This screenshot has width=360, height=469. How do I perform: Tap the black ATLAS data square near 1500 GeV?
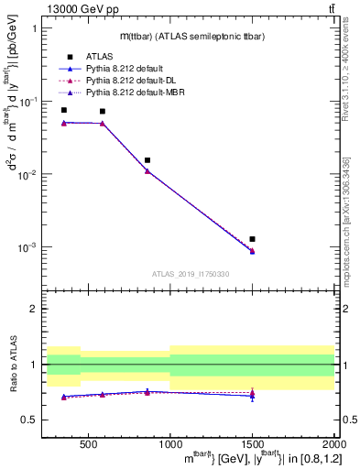click(x=252, y=239)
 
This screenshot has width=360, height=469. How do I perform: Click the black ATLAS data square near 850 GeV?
click(x=147, y=160)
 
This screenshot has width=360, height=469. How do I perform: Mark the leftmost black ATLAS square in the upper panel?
click(x=63, y=110)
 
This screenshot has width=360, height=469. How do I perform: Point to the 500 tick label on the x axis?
click(x=88, y=441)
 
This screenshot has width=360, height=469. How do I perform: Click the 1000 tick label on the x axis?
click(x=169, y=441)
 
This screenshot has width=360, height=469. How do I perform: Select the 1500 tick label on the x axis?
click(x=252, y=441)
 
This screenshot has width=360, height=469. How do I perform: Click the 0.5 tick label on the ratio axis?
click(x=33, y=420)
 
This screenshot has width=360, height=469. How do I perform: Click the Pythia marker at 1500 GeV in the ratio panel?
click(x=252, y=394)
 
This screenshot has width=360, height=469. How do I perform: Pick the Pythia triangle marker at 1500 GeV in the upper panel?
click(x=252, y=250)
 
